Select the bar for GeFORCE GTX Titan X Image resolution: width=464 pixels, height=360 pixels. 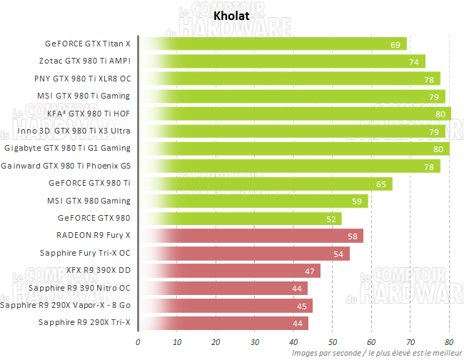point(271,44)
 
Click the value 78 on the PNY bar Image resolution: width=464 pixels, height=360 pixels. point(428,79)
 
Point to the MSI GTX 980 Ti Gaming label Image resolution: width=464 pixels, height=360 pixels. point(84,96)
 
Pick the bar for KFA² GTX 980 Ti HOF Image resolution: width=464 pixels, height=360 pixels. point(293,114)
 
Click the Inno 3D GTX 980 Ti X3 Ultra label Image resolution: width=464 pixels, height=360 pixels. point(69,131)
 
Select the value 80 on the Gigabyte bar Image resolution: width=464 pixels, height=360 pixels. point(437,149)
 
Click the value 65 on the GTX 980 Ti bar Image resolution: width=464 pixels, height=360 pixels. point(380,184)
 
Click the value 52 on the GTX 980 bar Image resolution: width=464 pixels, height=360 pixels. point(330,219)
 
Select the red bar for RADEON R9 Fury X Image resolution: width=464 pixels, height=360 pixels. point(250,236)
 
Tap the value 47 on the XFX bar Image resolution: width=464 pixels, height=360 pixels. point(308,271)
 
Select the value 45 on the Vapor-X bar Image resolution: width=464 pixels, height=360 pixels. point(301,306)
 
